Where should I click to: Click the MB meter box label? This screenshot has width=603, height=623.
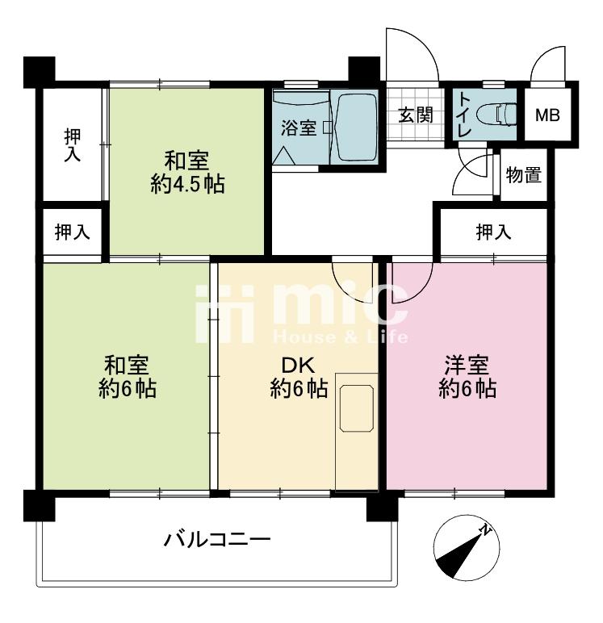click(x=547, y=115)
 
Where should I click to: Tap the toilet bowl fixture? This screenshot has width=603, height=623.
click(x=496, y=115)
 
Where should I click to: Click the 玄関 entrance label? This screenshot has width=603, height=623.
click(x=416, y=115)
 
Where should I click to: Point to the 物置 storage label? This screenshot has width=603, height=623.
click(x=524, y=174)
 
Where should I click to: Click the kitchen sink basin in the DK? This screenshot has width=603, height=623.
click(x=357, y=408)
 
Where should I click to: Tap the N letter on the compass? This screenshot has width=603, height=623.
click(x=486, y=529)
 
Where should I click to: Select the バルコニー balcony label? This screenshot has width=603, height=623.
click(x=217, y=540)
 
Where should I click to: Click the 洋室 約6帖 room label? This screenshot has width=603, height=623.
click(x=467, y=377)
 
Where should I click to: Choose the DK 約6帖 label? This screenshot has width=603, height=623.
click(x=299, y=377)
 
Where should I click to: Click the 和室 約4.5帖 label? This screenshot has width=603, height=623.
click(x=187, y=173)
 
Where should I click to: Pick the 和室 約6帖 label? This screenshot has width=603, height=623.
click(x=128, y=377)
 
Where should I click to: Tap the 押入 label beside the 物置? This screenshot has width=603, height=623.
click(x=493, y=232)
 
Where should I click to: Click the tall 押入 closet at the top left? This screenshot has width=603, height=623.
click(x=73, y=145)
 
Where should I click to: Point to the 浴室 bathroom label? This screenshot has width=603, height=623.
click(x=299, y=128)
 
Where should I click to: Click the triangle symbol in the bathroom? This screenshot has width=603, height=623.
click(x=284, y=155)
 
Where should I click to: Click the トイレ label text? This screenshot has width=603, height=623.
click(x=465, y=115)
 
